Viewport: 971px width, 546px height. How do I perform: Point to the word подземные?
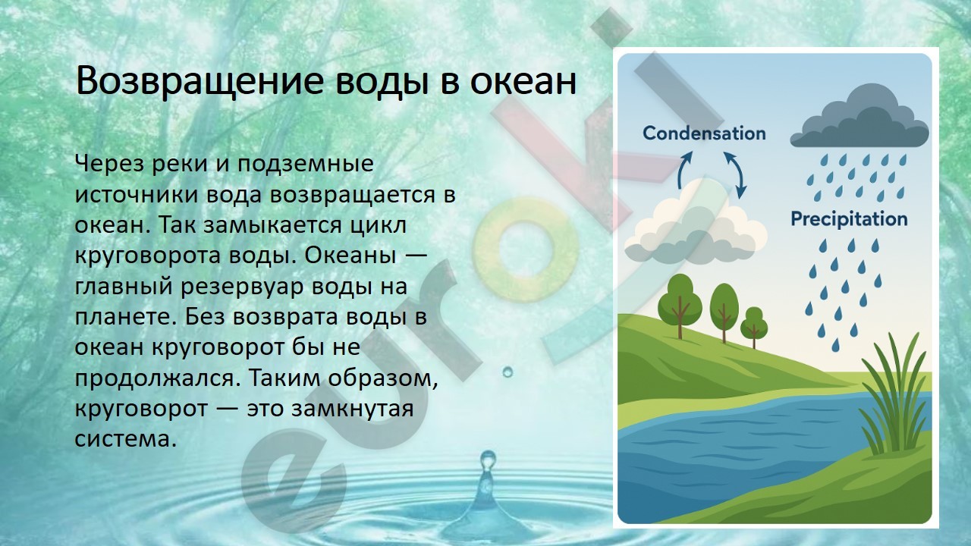click(x=305, y=165)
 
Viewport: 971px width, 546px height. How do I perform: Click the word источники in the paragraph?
click(x=137, y=195)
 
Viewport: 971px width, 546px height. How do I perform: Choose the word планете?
click(x=126, y=317)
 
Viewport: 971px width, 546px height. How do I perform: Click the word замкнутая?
click(x=352, y=409)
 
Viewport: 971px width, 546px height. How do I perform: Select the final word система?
click(x=126, y=439)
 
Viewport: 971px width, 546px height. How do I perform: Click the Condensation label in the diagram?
click(x=704, y=133)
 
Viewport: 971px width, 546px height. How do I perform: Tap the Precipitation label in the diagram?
click(x=849, y=219)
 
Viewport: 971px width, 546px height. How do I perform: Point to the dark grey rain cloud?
click(x=859, y=117)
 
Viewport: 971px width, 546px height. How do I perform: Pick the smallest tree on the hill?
click(x=754, y=326)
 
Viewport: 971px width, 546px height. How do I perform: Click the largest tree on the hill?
click(x=680, y=304)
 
